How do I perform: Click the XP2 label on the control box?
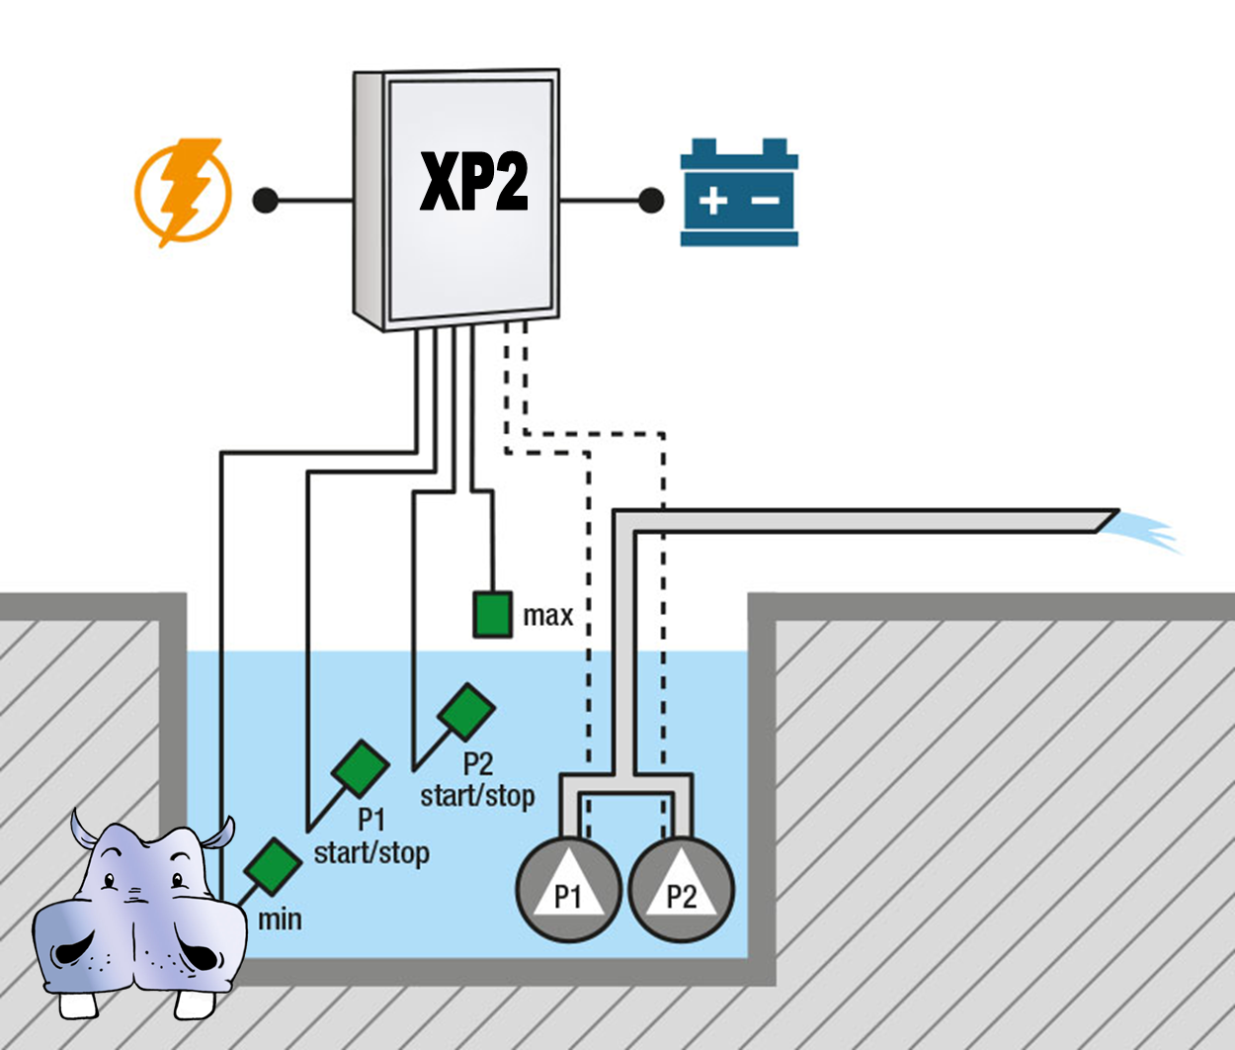pos(474,181)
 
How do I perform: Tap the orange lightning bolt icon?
pos(184,193)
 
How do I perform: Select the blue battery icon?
pos(739,192)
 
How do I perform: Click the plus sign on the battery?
pos(712,201)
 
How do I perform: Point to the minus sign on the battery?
pos(765,201)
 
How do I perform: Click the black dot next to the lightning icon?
pos(266,201)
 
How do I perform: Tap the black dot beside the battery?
pos(651,201)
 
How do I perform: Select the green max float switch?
pos(493,615)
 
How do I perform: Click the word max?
pos(548,615)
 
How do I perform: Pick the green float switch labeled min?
pos(273,866)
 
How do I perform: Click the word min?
pos(280,919)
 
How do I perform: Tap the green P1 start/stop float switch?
pos(361,769)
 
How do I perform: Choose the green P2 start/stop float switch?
pos(466,712)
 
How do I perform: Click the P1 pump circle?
pos(568,890)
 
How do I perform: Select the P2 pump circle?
pos(682,890)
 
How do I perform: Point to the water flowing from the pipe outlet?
pos(1143,532)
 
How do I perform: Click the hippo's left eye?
pos(109,881)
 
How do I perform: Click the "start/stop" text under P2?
pos(477,795)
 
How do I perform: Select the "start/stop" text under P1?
pos(371,852)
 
